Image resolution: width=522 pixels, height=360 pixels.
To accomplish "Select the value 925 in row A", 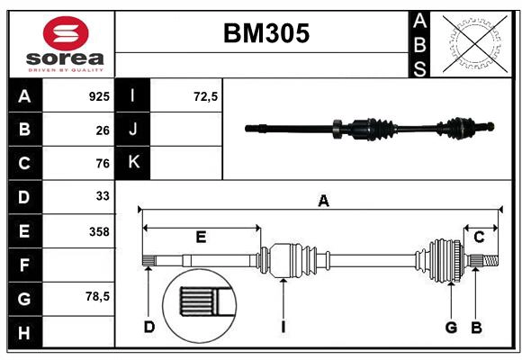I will (x=99, y=95).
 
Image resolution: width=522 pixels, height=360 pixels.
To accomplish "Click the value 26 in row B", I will (x=103, y=130).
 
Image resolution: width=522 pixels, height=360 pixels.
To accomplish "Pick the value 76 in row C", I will (x=103, y=164).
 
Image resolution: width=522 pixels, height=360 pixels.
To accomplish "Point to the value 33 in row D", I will (x=103, y=196).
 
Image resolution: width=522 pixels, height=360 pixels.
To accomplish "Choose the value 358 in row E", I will (x=99, y=231).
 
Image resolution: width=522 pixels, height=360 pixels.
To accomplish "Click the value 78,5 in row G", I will (x=96, y=296).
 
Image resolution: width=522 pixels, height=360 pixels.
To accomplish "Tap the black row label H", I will (x=24, y=332).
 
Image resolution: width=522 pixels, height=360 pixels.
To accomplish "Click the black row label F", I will (x=24, y=265).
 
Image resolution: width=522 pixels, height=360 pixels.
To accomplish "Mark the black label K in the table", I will (x=133, y=163).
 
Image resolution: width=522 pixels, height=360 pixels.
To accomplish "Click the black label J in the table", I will (x=133, y=130).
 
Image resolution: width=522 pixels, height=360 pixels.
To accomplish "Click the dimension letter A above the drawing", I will (x=323, y=202).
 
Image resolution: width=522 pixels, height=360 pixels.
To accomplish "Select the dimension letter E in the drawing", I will (x=201, y=238).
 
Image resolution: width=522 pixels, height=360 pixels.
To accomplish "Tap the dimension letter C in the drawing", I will (x=479, y=237).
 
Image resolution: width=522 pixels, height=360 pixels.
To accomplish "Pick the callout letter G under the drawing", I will (x=452, y=327).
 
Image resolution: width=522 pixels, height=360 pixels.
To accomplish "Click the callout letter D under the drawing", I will (x=149, y=327).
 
